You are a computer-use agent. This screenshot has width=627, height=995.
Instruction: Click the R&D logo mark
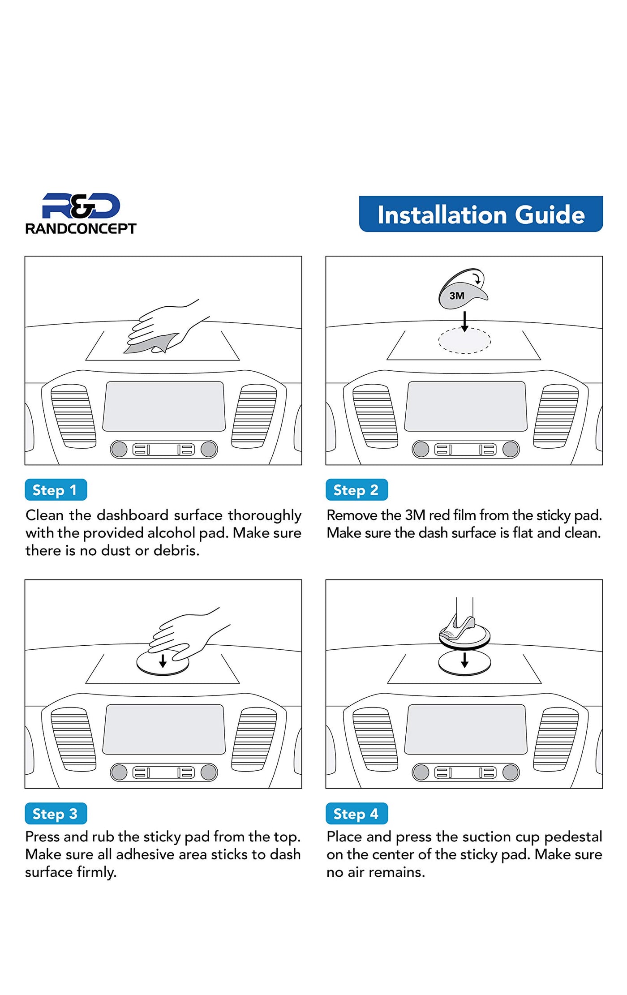pyautogui.click(x=81, y=206)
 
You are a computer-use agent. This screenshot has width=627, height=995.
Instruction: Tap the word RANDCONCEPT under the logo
pyautogui.click(x=81, y=229)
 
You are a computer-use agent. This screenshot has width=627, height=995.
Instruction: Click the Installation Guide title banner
pyautogui.click(x=481, y=214)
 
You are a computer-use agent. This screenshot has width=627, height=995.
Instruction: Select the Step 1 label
pyautogui.click(x=56, y=490)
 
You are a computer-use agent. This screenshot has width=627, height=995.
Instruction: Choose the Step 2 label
pyautogui.click(x=356, y=490)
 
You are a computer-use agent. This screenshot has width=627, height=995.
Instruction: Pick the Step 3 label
pyautogui.click(x=56, y=814)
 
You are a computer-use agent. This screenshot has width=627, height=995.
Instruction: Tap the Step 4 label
pyautogui.click(x=356, y=814)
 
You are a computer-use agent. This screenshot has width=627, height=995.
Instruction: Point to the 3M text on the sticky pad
pyautogui.click(x=457, y=296)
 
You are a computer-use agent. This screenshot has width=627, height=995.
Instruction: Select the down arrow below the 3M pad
pyautogui.click(x=465, y=322)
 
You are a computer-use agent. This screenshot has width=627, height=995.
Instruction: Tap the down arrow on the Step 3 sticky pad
pyautogui.click(x=163, y=661)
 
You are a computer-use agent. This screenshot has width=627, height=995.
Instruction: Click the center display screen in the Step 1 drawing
pyautogui.click(x=164, y=406)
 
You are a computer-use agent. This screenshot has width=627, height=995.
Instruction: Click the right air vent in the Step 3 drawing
pyautogui.click(x=254, y=739)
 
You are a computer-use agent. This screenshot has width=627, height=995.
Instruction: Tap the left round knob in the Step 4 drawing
pyautogui.click(x=421, y=772)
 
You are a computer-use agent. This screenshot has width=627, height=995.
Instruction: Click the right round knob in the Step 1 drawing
pyautogui.click(x=209, y=449)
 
